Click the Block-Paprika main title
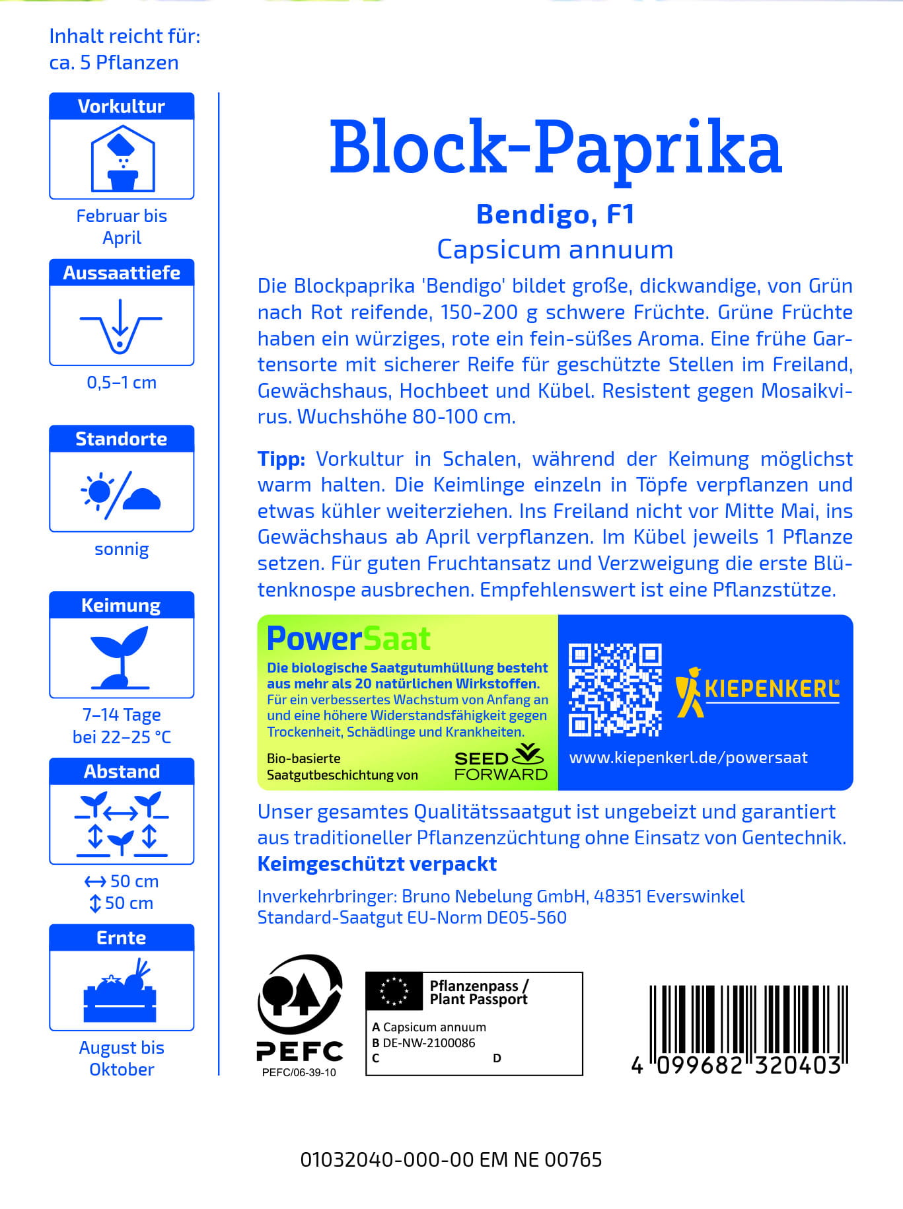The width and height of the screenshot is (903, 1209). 555,148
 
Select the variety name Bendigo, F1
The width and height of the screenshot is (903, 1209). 555,214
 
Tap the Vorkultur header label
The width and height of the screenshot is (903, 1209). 122,106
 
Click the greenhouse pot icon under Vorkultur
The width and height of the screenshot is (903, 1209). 122,159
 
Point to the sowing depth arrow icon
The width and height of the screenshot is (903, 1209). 121,325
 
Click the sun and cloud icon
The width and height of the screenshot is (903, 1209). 121,492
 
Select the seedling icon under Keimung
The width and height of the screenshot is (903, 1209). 121,657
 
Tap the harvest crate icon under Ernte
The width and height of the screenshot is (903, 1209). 121,990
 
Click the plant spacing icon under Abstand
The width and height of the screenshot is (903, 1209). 122,824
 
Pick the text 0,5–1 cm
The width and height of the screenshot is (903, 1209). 122,383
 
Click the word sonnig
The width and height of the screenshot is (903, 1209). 122,549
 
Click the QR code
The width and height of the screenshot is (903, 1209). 615,690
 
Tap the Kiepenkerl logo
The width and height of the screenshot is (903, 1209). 757,690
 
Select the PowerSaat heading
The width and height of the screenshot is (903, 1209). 348,639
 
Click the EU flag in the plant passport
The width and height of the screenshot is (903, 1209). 394,991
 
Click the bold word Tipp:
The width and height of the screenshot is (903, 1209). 281,459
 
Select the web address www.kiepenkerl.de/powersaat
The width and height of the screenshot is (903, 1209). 688,758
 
